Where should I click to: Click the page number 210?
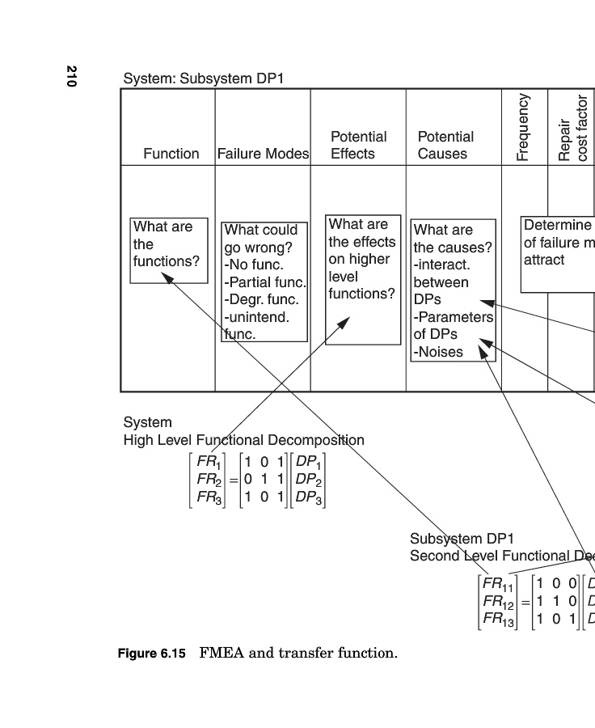72,76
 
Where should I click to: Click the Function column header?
171,154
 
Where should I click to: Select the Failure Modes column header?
264,154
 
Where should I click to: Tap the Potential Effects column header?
358,145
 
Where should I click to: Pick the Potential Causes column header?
445,145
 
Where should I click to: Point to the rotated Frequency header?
523,127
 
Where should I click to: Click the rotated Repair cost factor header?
573,129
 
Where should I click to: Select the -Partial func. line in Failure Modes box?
265,282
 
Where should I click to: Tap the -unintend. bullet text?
256,317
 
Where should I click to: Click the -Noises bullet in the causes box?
438,352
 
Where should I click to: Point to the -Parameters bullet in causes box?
453,317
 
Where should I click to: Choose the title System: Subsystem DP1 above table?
203,79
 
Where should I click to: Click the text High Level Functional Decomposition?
243,440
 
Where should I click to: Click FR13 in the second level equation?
498,619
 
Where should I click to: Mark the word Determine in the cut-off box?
557,225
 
